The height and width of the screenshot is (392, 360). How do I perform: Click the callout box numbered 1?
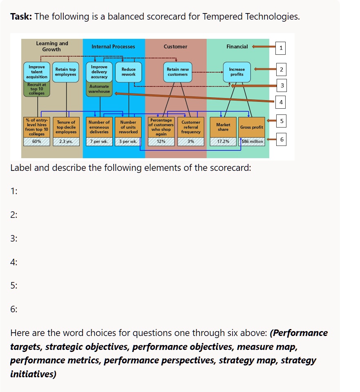[281, 48]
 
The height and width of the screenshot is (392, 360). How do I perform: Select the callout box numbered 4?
[281, 102]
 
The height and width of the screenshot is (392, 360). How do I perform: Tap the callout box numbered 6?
[281, 139]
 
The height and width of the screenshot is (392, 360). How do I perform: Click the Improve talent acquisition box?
[37, 72]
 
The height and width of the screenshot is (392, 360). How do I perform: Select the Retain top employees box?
[66, 72]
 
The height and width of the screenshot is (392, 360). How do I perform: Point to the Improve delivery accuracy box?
[99, 72]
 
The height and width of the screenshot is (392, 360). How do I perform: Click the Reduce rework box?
[128, 72]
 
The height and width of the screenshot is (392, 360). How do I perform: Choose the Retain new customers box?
[178, 72]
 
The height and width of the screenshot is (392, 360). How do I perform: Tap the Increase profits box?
[237, 72]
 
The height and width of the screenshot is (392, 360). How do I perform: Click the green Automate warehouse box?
[99, 89]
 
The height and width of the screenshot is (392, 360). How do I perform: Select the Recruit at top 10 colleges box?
[37, 89]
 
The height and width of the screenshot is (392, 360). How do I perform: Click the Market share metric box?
[223, 127]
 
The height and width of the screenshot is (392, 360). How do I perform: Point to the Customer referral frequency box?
[191, 127]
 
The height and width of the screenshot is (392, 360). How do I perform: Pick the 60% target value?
[37, 141]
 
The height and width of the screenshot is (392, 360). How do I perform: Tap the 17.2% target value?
[223, 141]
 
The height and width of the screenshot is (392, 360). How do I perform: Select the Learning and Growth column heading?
[52, 46]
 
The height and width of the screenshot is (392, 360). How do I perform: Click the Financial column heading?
[237, 47]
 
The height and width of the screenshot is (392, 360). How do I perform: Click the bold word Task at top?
[21, 17]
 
